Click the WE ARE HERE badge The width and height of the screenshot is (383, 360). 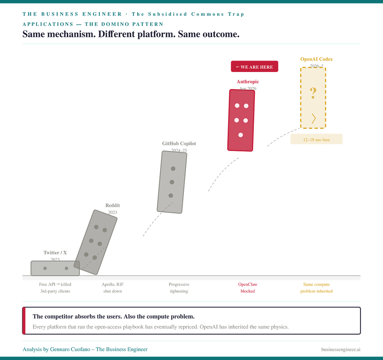coord(255,67)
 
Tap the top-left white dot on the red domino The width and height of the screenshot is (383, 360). coord(237,106)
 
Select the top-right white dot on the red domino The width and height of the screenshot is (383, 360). coord(246,106)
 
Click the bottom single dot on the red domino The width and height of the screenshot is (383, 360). coord(241,135)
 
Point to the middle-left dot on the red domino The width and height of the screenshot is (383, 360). coord(237,120)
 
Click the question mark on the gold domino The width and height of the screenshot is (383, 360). coord(313,91)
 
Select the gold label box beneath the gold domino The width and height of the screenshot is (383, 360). coord(316,139)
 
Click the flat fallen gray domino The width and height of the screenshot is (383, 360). coord(54,268)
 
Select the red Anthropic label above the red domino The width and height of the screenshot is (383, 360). coord(248,82)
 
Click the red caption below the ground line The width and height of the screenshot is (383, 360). coord(248,288)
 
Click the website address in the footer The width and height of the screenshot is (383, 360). coord(341,349)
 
